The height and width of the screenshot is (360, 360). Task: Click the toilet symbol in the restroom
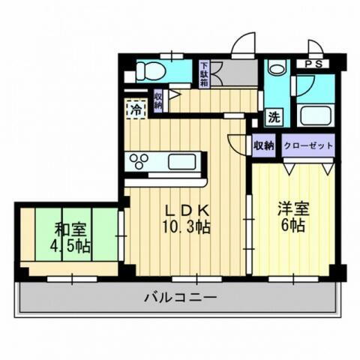coord(150,72)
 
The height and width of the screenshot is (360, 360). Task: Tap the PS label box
coord(314,64)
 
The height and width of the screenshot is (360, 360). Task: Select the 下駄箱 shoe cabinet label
coord(204,73)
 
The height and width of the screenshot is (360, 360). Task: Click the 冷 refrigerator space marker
coord(135,109)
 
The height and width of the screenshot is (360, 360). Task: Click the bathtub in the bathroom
coord(315,116)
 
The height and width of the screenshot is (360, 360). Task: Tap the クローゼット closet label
coord(307,145)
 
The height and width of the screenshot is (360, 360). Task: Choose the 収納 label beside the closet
coord(264,145)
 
